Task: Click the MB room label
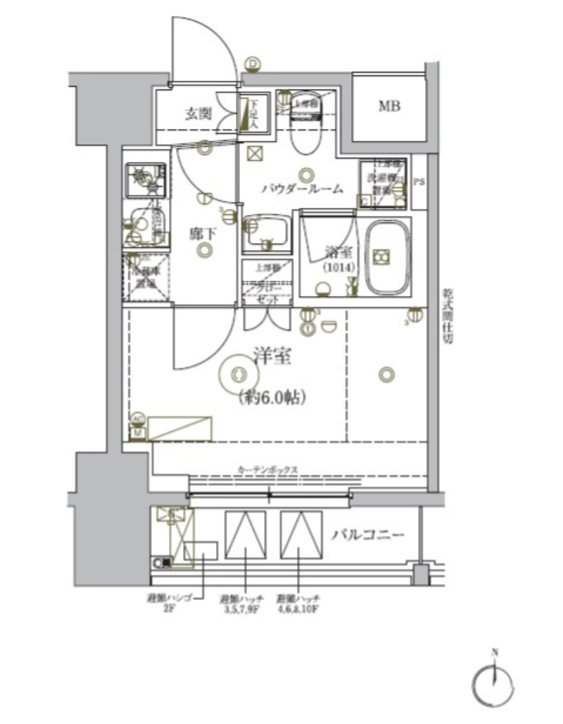[389, 107]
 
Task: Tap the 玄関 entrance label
[200, 113]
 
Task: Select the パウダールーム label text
[302, 189]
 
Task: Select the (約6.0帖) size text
[271, 397]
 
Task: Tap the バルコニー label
[368, 535]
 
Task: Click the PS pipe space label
[419, 182]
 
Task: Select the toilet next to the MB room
[306, 123]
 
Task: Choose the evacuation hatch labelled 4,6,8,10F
[299, 535]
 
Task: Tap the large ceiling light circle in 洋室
[238, 373]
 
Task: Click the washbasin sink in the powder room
[265, 234]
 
